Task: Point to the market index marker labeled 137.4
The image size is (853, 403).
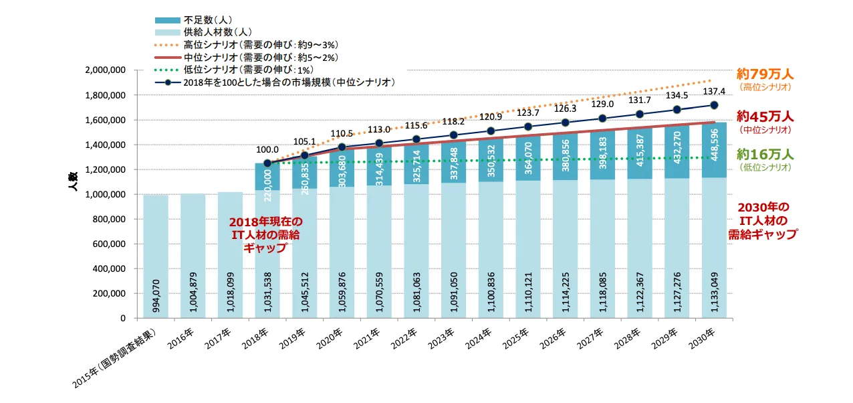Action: pyautogui.click(x=714, y=105)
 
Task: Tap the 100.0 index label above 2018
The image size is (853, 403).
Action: pyautogui.click(x=267, y=151)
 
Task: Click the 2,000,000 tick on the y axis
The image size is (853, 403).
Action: pyautogui.click(x=107, y=70)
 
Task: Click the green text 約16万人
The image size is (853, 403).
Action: pyautogui.click(x=764, y=155)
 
